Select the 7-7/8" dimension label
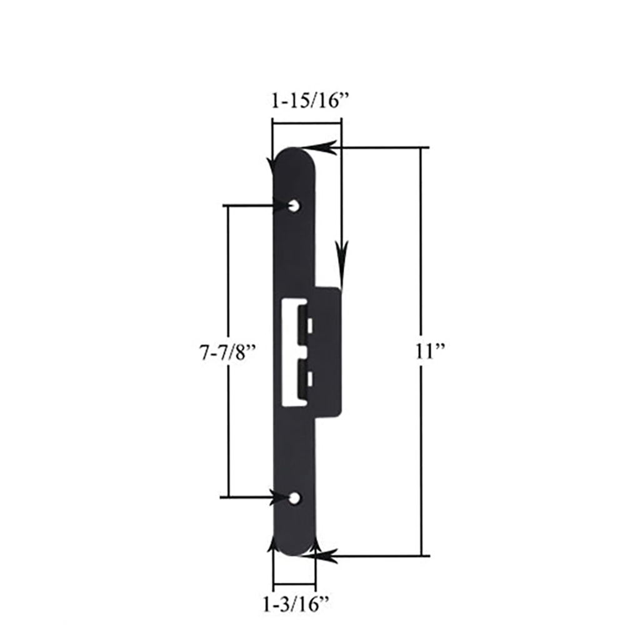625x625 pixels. tap(224, 351)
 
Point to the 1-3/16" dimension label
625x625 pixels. tap(295, 604)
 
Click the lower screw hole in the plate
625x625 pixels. tap(294, 498)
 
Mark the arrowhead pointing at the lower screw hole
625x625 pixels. tap(281, 497)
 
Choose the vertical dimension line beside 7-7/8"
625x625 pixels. tap(228, 281)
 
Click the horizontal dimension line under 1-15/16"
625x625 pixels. tap(306, 124)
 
